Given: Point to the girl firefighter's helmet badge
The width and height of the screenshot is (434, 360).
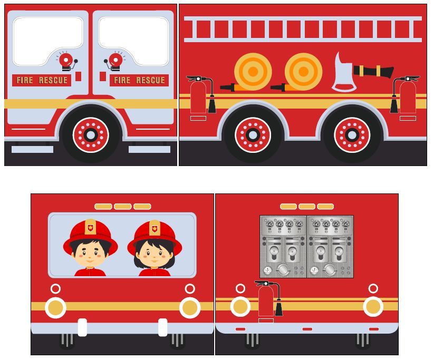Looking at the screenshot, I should [x=155, y=229].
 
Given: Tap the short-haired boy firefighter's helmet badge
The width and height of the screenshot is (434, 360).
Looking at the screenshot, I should [x=90, y=228].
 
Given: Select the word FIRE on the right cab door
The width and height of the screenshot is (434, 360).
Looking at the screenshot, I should [x=122, y=80].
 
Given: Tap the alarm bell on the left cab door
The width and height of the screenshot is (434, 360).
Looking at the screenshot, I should [x=66, y=61].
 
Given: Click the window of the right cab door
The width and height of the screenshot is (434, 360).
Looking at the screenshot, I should [x=133, y=40].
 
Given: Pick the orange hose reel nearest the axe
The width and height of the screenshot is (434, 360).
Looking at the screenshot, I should [x=303, y=71].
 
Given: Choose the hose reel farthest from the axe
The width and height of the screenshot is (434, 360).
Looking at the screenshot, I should [x=253, y=71].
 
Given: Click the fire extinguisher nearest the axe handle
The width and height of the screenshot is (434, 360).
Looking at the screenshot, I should [x=407, y=96].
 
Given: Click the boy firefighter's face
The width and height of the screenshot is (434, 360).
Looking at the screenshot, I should [x=90, y=255].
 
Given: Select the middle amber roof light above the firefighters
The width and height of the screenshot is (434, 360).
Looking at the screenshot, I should [x=123, y=207].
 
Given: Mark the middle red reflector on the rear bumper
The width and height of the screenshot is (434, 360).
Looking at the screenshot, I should [x=307, y=329].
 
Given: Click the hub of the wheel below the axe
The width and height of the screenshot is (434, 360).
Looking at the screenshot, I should [x=352, y=135].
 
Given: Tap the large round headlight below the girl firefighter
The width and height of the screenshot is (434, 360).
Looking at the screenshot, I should [x=190, y=307].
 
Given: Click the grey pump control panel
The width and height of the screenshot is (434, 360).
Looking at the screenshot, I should [x=306, y=246].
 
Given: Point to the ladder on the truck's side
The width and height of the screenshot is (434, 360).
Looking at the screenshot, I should [x=303, y=29].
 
